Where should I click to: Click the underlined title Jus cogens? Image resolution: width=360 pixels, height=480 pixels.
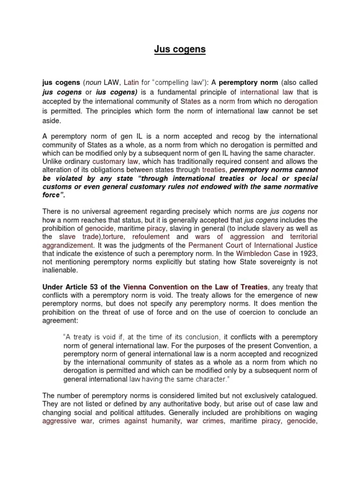(x=180, y=49)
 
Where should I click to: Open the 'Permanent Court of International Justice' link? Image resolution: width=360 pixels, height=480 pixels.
(x=253, y=245)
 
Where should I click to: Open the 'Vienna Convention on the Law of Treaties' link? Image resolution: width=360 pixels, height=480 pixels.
(x=195, y=287)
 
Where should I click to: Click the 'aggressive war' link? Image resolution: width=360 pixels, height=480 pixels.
(x=64, y=421)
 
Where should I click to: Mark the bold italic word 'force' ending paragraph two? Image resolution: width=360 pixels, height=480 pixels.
(x=52, y=195)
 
